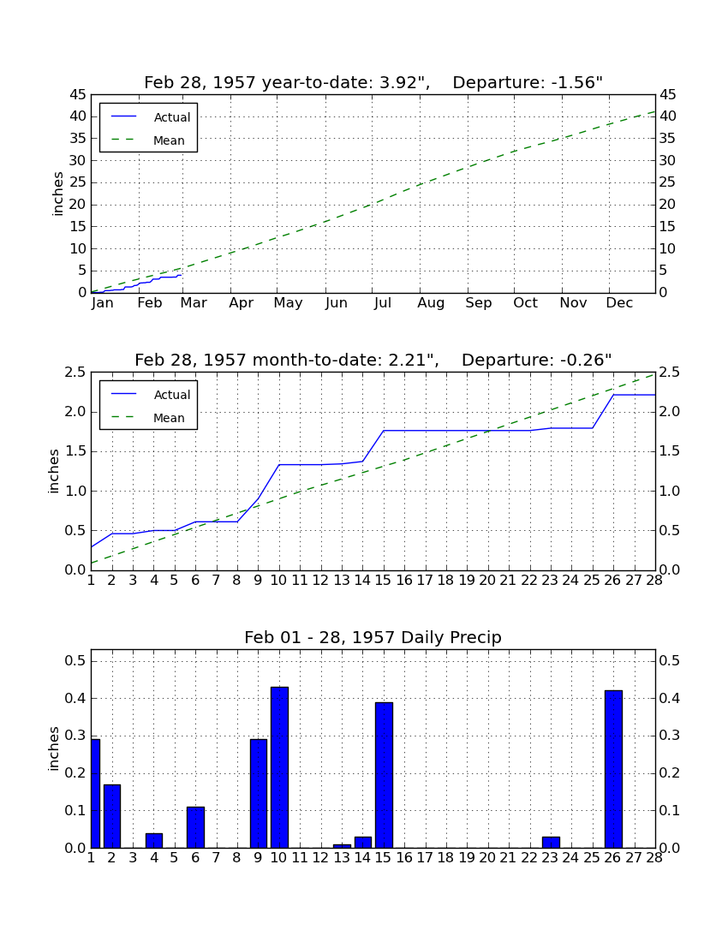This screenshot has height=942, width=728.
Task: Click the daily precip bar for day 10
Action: [x=279, y=767]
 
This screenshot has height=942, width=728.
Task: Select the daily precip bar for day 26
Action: [x=613, y=769]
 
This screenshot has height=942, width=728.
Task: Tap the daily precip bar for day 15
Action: [x=384, y=775]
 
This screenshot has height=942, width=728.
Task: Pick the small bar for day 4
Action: [x=154, y=840]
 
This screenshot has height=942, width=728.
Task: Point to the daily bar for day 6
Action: [x=196, y=827]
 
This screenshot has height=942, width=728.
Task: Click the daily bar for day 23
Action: [x=551, y=843]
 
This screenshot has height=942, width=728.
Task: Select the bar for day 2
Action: [x=112, y=816]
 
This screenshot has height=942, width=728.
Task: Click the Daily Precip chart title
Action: [x=373, y=637]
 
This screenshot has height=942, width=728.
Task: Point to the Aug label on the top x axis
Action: [x=432, y=303]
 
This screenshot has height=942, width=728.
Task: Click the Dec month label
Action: [x=619, y=303]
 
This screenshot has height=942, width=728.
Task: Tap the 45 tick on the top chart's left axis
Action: [x=78, y=95]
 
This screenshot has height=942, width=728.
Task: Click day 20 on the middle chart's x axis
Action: [x=487, y=580]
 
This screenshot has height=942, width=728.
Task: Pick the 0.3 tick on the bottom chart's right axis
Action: [x=670, y=736]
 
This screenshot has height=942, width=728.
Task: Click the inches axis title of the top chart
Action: [x=57, y=194]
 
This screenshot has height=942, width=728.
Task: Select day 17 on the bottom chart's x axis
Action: [x=425, y=857]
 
